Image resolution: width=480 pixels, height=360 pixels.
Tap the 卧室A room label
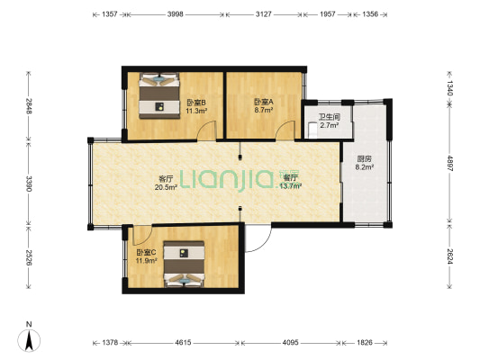264,102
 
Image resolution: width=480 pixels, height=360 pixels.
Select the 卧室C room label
146,253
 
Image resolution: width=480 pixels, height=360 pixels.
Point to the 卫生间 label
330,117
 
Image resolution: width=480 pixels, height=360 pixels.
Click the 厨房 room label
365,159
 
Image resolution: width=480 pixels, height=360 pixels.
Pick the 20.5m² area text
166,187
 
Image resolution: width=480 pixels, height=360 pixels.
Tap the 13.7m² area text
291,186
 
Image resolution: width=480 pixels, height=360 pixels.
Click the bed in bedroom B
159,95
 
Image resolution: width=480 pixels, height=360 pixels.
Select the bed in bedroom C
184,265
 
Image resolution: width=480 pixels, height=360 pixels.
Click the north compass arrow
29,340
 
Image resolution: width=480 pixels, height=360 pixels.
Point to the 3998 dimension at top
175,14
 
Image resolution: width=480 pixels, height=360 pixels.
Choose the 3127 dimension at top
264,14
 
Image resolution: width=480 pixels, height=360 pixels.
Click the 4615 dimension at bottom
183,343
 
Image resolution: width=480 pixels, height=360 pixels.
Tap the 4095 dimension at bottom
290,343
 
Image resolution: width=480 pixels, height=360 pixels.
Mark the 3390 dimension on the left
29,184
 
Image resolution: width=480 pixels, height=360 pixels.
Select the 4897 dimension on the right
449,163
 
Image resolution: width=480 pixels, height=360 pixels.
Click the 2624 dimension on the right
449,256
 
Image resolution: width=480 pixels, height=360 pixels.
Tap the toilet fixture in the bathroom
312,130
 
